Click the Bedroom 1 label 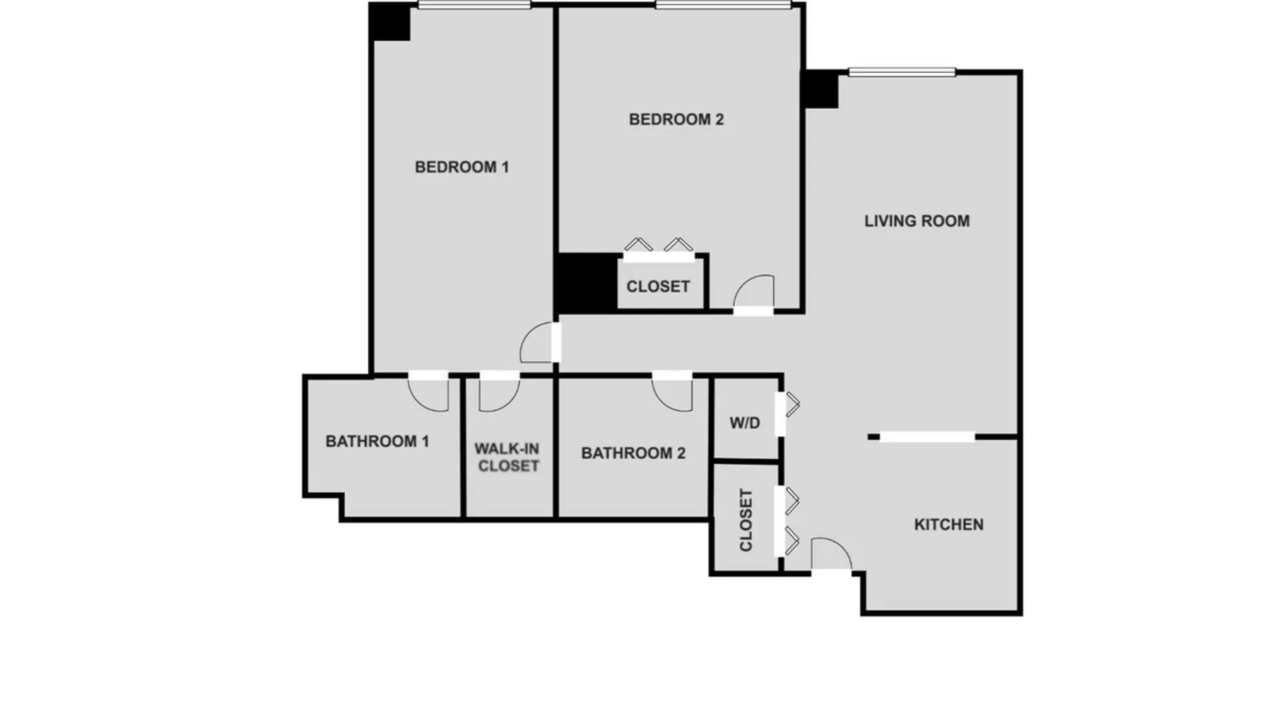point(461,168)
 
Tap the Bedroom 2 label point(676,119)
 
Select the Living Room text point(917,221)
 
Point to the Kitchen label point(948,525)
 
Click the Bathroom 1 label point(377,441)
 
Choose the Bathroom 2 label point(633,453)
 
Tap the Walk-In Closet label point(507,457)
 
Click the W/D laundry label point(745,423)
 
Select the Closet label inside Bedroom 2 point(658,286)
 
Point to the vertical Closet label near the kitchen point(746,520)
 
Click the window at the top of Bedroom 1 point(474,5)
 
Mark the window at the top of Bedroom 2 point(723,5)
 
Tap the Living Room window point(902,71)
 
